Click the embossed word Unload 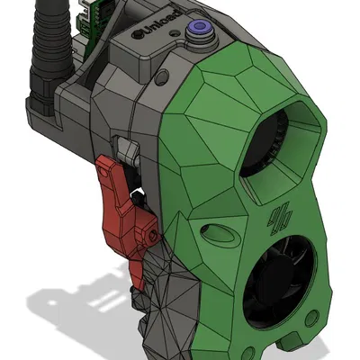tap(157, 31)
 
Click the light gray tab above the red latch tap(124, 145)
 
